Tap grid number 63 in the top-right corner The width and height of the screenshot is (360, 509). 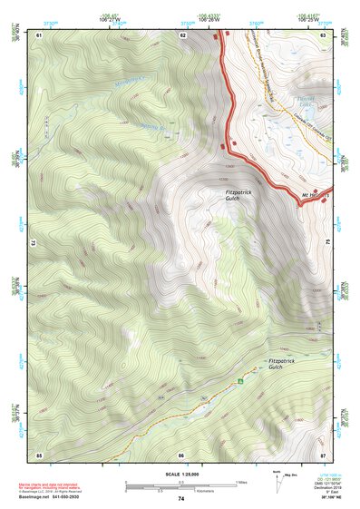[x=324, y=34]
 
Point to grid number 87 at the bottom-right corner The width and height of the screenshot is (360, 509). [x=324, y=454]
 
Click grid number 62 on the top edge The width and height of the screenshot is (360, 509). [x=183, y=34]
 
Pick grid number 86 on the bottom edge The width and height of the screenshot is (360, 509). [x=181, y=454]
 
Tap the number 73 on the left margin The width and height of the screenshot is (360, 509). [x=34, y=243]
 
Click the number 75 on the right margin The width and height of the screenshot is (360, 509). [x=328, y=243]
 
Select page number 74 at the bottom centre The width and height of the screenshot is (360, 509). [x=181, y=499]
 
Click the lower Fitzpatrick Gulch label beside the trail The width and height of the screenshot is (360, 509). [x=282, y=365]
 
